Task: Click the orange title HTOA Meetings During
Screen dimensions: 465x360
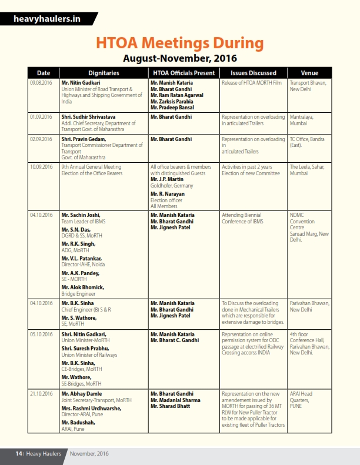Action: click(179, 43)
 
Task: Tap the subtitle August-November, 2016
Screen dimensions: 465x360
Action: click(179, 58)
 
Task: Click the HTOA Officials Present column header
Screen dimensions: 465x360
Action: click(183, 73)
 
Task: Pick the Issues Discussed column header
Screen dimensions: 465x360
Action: click(254, 73)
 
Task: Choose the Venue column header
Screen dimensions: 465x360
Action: click(309, 73)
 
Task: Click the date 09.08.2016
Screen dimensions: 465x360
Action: click(41, 83)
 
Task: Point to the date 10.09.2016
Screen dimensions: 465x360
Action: click(41, 167)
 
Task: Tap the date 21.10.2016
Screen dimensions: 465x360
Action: click(41, 393)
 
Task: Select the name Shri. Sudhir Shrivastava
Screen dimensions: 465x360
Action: click(91, 117)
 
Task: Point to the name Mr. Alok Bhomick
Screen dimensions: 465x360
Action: click(82, 287)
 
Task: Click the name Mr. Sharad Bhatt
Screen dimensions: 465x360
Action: click(171, 406)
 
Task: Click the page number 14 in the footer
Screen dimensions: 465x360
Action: click(19, 454)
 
